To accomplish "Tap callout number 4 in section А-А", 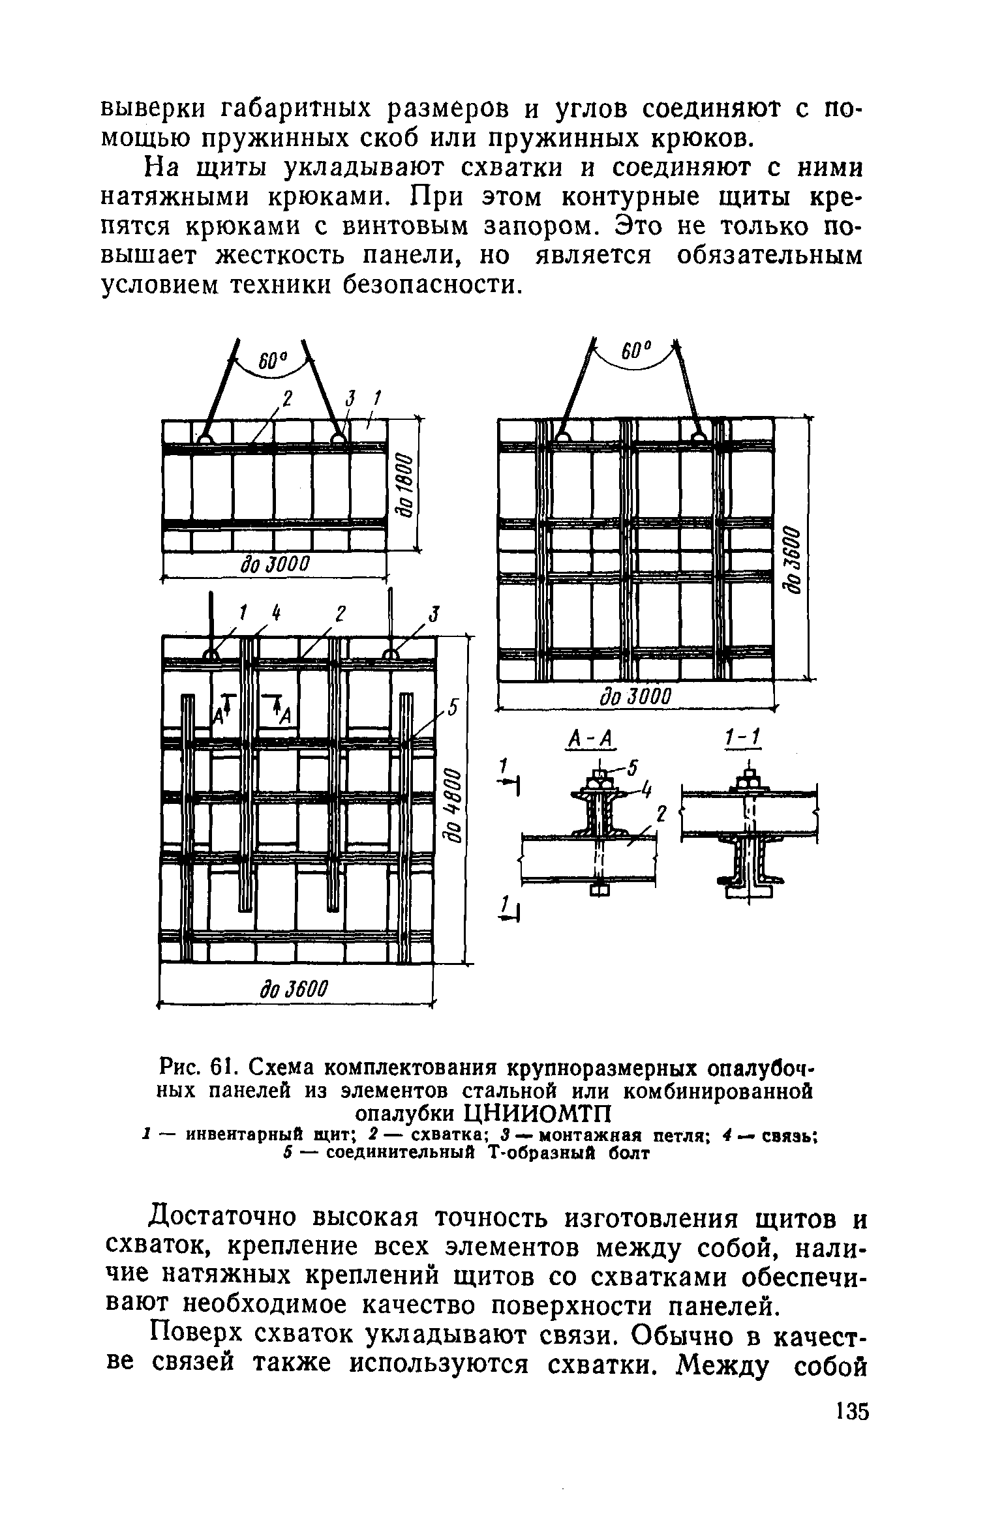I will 646,790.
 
